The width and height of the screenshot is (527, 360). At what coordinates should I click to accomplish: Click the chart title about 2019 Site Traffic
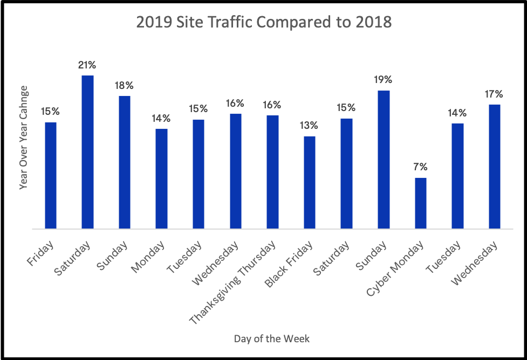(264, 23)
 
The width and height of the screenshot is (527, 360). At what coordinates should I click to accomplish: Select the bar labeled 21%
(87, 152)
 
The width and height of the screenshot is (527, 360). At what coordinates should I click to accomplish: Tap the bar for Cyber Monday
(421, 203)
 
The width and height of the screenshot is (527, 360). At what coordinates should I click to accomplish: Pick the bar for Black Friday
(310, 182)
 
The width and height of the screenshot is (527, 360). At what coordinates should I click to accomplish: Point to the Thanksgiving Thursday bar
(272, 172)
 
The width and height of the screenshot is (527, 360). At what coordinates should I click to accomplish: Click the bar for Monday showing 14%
(161, 178)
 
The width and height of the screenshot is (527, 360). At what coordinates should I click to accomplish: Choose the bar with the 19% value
(384, 160)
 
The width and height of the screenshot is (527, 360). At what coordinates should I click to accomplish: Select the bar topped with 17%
(495, 167)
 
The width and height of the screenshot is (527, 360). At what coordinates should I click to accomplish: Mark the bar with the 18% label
(125, 162)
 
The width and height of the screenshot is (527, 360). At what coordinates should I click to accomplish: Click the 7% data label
(421, 166)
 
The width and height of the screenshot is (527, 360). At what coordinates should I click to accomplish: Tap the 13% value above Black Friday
(310, 126)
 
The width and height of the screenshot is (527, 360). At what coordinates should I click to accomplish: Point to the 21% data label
(87, 65)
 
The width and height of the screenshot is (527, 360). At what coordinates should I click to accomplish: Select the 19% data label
(384, 80)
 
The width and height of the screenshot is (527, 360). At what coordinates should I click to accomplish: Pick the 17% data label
(495, 94)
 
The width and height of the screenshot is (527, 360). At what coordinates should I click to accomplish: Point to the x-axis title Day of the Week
(272, 338)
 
